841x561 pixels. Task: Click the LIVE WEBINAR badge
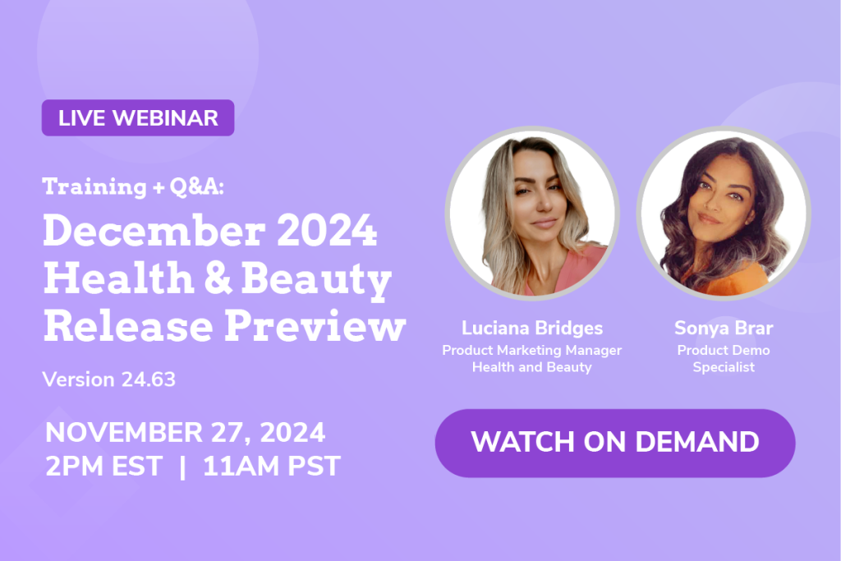(x=138, y=118)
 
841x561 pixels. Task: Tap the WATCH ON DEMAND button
(x=615, y=443)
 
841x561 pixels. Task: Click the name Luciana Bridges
(x=532, y=328)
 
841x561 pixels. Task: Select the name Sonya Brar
(x=724, y=328)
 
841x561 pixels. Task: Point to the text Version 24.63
(x=109, y=379)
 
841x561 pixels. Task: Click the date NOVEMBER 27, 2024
(x=185, y=432)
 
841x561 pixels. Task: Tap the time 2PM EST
(x=103, y=466)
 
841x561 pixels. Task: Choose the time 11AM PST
(x=271, y=466)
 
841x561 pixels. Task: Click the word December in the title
(x=154, y=231)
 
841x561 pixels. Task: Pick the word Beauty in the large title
(x=316, y=279)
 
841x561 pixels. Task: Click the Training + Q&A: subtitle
(x=133, y=186)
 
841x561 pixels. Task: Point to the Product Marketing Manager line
(x=532, y=350)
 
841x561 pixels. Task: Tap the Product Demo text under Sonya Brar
(x=724, y=350)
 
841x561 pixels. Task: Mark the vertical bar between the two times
(x=183, y=467)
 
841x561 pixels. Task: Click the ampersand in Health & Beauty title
(x=218, y=278)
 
